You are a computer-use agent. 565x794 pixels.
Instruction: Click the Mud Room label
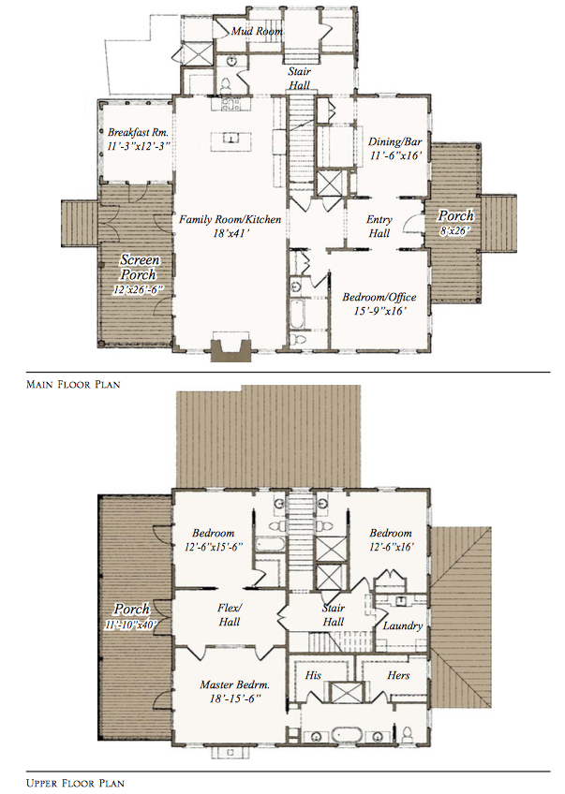[257, 31]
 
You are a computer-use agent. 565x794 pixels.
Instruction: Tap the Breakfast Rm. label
[138, 133]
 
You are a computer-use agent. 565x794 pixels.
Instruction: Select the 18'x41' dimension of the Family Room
[230, 233]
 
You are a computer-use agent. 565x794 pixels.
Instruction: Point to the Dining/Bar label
[394, 141]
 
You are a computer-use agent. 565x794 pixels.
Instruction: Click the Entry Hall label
[379, 227]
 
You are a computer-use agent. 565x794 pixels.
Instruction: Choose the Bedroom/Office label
[379, 297]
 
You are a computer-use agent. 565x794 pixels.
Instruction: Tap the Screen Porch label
[139, 268]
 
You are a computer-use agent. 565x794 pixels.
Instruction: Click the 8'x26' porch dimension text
[454, 229]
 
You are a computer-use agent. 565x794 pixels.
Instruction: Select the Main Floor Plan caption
[73, 384]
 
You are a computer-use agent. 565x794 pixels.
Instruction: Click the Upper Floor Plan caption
[75, 784]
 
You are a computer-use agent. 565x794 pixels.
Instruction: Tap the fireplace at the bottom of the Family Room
[231, 346]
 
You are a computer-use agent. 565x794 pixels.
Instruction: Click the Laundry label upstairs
[402, 625]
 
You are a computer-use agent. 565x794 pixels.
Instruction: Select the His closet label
[313, 675]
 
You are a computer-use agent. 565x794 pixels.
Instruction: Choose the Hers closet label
[398, 675]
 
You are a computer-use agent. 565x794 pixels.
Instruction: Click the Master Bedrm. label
[234, 684]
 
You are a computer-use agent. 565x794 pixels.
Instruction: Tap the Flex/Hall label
[230, 614]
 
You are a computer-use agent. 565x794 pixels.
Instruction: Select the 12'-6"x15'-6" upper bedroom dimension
[214, 547]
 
